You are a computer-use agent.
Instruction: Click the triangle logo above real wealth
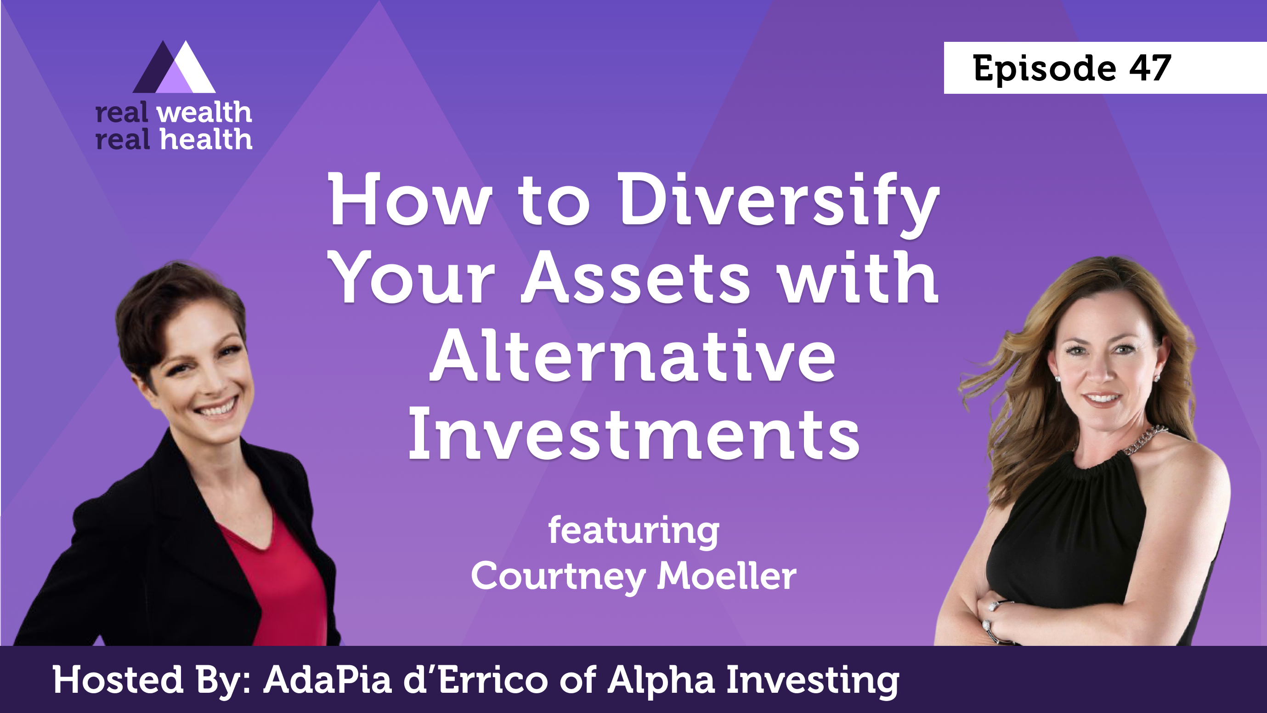pyautogui.click(x=174, y=67)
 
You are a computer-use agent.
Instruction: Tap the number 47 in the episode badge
pyautogui.click(x=1150, y=68)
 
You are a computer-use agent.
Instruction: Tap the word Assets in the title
pyautogui.click(x=635, y=278)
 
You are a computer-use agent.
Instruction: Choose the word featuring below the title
pyautogui.click(x=634, y=531)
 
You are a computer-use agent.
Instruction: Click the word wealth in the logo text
pyautogui.click(x=204, y=113)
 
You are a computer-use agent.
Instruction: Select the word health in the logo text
pyautogui.click(x=206, y=139)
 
